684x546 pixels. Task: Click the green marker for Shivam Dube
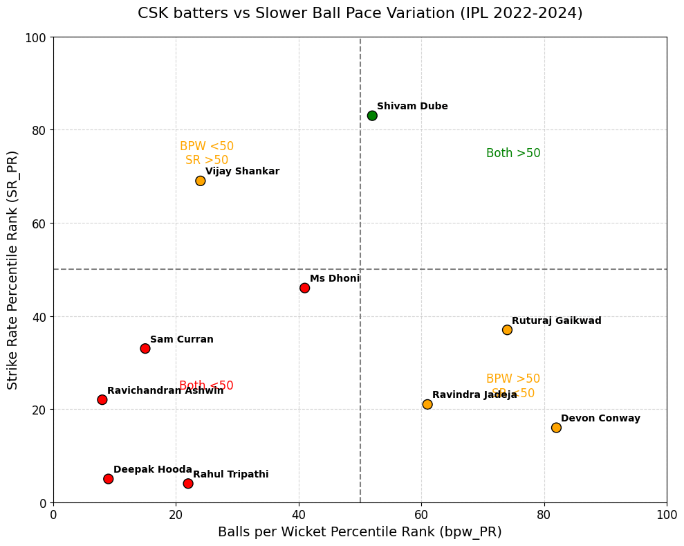click(x=372, y=116)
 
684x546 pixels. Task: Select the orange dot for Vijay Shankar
click(x=201, y=181)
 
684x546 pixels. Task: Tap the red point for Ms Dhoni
click(x=305, y=288)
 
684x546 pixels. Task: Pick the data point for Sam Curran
click(x=145, y=348)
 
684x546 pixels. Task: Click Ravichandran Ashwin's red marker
click(x=102, y=399)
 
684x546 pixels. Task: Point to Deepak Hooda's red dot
click(x=109, y=479)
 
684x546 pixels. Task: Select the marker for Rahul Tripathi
click(x=188, y=483)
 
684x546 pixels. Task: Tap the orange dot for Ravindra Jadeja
click(x=427, y=404)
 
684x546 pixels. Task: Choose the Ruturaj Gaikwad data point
click(x=507, y=330)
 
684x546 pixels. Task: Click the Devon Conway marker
click(x=556, y=428)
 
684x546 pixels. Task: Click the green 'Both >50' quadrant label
click(x=513, y=154)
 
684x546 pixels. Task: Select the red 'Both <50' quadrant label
click(x=206, y=386)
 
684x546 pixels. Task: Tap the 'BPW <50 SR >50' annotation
click(x=207, y=154)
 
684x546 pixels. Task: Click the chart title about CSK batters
click(x=360, y=13)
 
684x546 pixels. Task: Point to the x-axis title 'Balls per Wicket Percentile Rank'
click(x=360, y=532)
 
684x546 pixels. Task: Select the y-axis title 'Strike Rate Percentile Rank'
click(x=13, y=270)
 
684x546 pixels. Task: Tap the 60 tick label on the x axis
click(x=421, y=516)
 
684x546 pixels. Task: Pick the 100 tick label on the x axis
click(x=667, y=516)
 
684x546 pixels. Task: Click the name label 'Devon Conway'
click(x=600, y=419)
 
